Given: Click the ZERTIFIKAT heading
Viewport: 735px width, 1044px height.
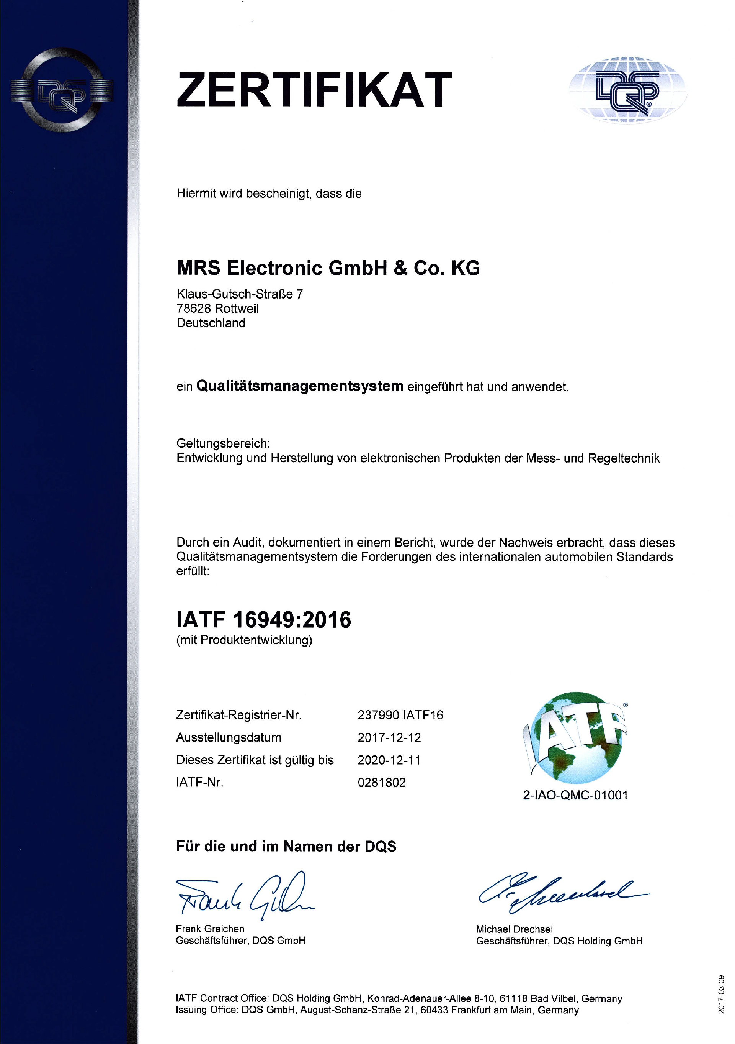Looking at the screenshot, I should pos(314,90).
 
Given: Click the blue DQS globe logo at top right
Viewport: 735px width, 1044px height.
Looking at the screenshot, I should pos(628,90).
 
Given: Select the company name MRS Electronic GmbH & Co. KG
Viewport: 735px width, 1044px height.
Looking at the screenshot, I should pos(328,268).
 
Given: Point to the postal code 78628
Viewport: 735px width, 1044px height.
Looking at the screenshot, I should pos(194,309).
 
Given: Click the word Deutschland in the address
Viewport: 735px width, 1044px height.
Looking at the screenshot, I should pos(211,323).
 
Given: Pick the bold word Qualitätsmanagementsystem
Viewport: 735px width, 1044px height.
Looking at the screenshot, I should pos(300,386).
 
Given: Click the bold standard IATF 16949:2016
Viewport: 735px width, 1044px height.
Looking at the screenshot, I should pos(263,620).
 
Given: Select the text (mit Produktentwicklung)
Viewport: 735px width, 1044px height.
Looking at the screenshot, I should pos(244,640).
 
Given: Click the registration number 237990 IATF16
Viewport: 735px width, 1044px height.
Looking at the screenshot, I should pos(400,715).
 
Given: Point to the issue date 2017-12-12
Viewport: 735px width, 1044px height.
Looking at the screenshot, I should pos(389,737).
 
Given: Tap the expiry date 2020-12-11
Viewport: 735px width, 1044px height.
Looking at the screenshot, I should pos(389,760).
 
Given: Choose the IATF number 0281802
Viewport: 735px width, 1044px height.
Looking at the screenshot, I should pos(382,783).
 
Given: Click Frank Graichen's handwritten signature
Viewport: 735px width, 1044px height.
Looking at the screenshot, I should pos(243,896).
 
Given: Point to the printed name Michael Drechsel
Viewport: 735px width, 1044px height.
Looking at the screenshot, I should pos(514,929).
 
